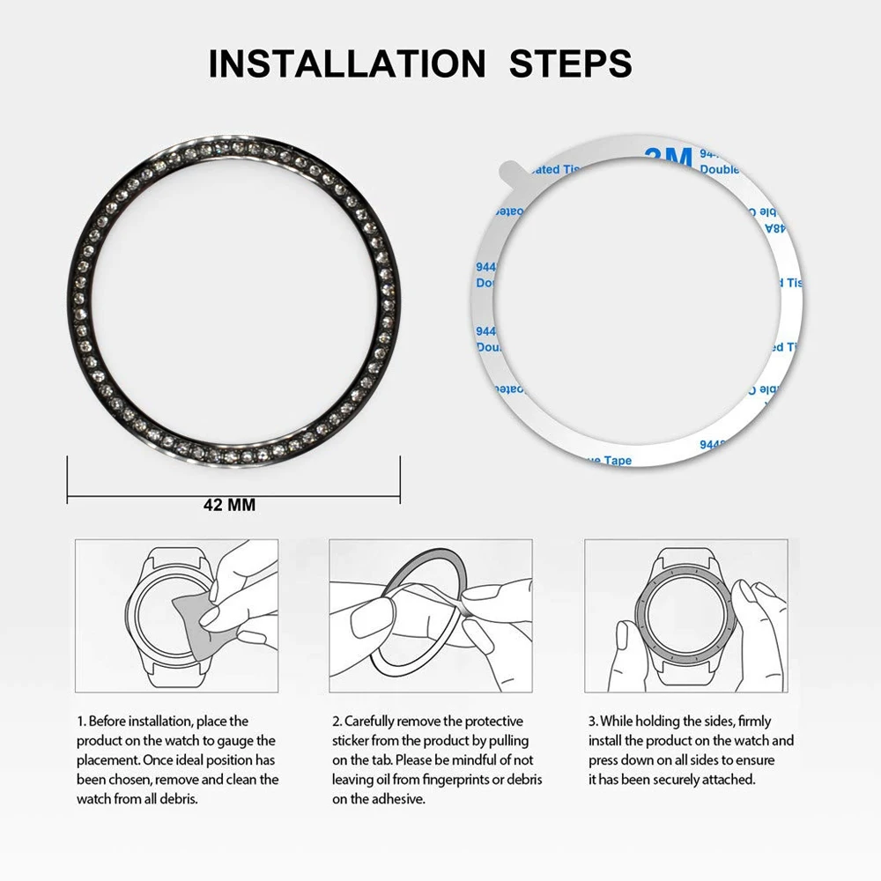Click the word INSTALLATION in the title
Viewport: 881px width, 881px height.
(346, 64)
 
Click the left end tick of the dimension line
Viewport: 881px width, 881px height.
(69, 480)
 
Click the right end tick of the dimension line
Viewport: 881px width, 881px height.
(398, 480)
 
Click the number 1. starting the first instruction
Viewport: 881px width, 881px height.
(80, 721)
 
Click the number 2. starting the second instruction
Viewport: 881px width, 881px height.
(336, 721)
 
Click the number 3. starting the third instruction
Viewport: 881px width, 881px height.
(592, 721)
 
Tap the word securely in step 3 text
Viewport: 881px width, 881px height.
(668, 780)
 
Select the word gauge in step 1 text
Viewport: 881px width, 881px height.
(237, 740)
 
